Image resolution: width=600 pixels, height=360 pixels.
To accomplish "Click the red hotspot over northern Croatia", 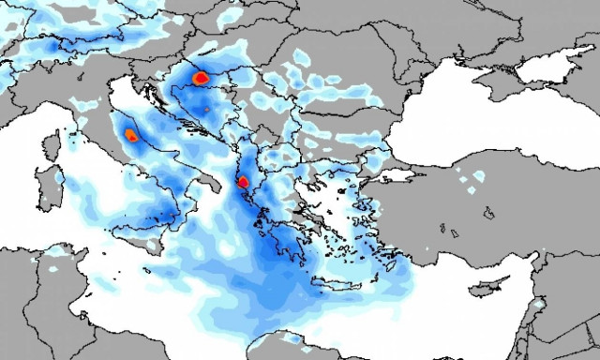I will coord(199,78).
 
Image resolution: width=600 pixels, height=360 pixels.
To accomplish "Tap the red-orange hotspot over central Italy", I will coord(131,135).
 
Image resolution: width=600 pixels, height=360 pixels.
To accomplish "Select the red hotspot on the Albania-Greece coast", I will coord(243,181).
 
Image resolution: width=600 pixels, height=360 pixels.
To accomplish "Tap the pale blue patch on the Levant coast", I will coord(538,306).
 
